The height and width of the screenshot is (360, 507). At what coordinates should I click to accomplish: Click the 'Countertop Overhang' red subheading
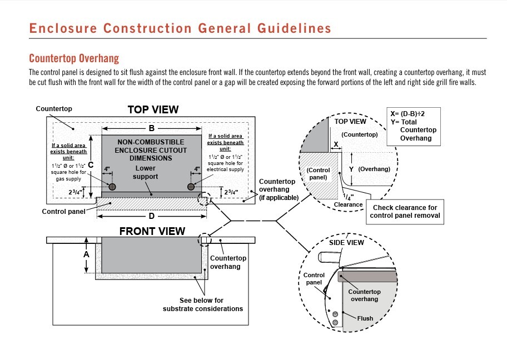pos(74,58)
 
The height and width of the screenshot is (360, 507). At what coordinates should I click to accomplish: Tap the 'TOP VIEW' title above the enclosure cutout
pos(153,109)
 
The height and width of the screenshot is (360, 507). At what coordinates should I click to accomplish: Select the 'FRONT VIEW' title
pos(153,231)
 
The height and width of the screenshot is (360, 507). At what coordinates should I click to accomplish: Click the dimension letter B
pos(151,128)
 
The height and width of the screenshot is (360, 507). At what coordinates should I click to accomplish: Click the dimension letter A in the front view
pos(86,254)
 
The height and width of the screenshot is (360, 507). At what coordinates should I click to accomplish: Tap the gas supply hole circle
pos(112,187)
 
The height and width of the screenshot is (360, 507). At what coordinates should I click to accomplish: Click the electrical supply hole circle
pos(191,187)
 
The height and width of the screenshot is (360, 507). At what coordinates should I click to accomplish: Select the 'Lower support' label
pos(146,172)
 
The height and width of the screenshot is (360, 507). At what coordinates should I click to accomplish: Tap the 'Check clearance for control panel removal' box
pos(405,212)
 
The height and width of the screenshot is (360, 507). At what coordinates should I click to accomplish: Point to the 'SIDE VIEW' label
pos(346,242)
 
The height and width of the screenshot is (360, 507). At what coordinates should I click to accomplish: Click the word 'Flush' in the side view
pos(365,318)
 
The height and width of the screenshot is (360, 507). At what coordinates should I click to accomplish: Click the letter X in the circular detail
pos(335,144)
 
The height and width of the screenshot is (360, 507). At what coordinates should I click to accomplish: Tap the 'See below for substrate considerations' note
pos(202,304)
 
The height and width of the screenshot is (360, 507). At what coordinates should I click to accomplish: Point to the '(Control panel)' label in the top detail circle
pos(319,174)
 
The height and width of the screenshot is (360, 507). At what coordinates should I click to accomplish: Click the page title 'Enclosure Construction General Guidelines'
pos(180,28)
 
